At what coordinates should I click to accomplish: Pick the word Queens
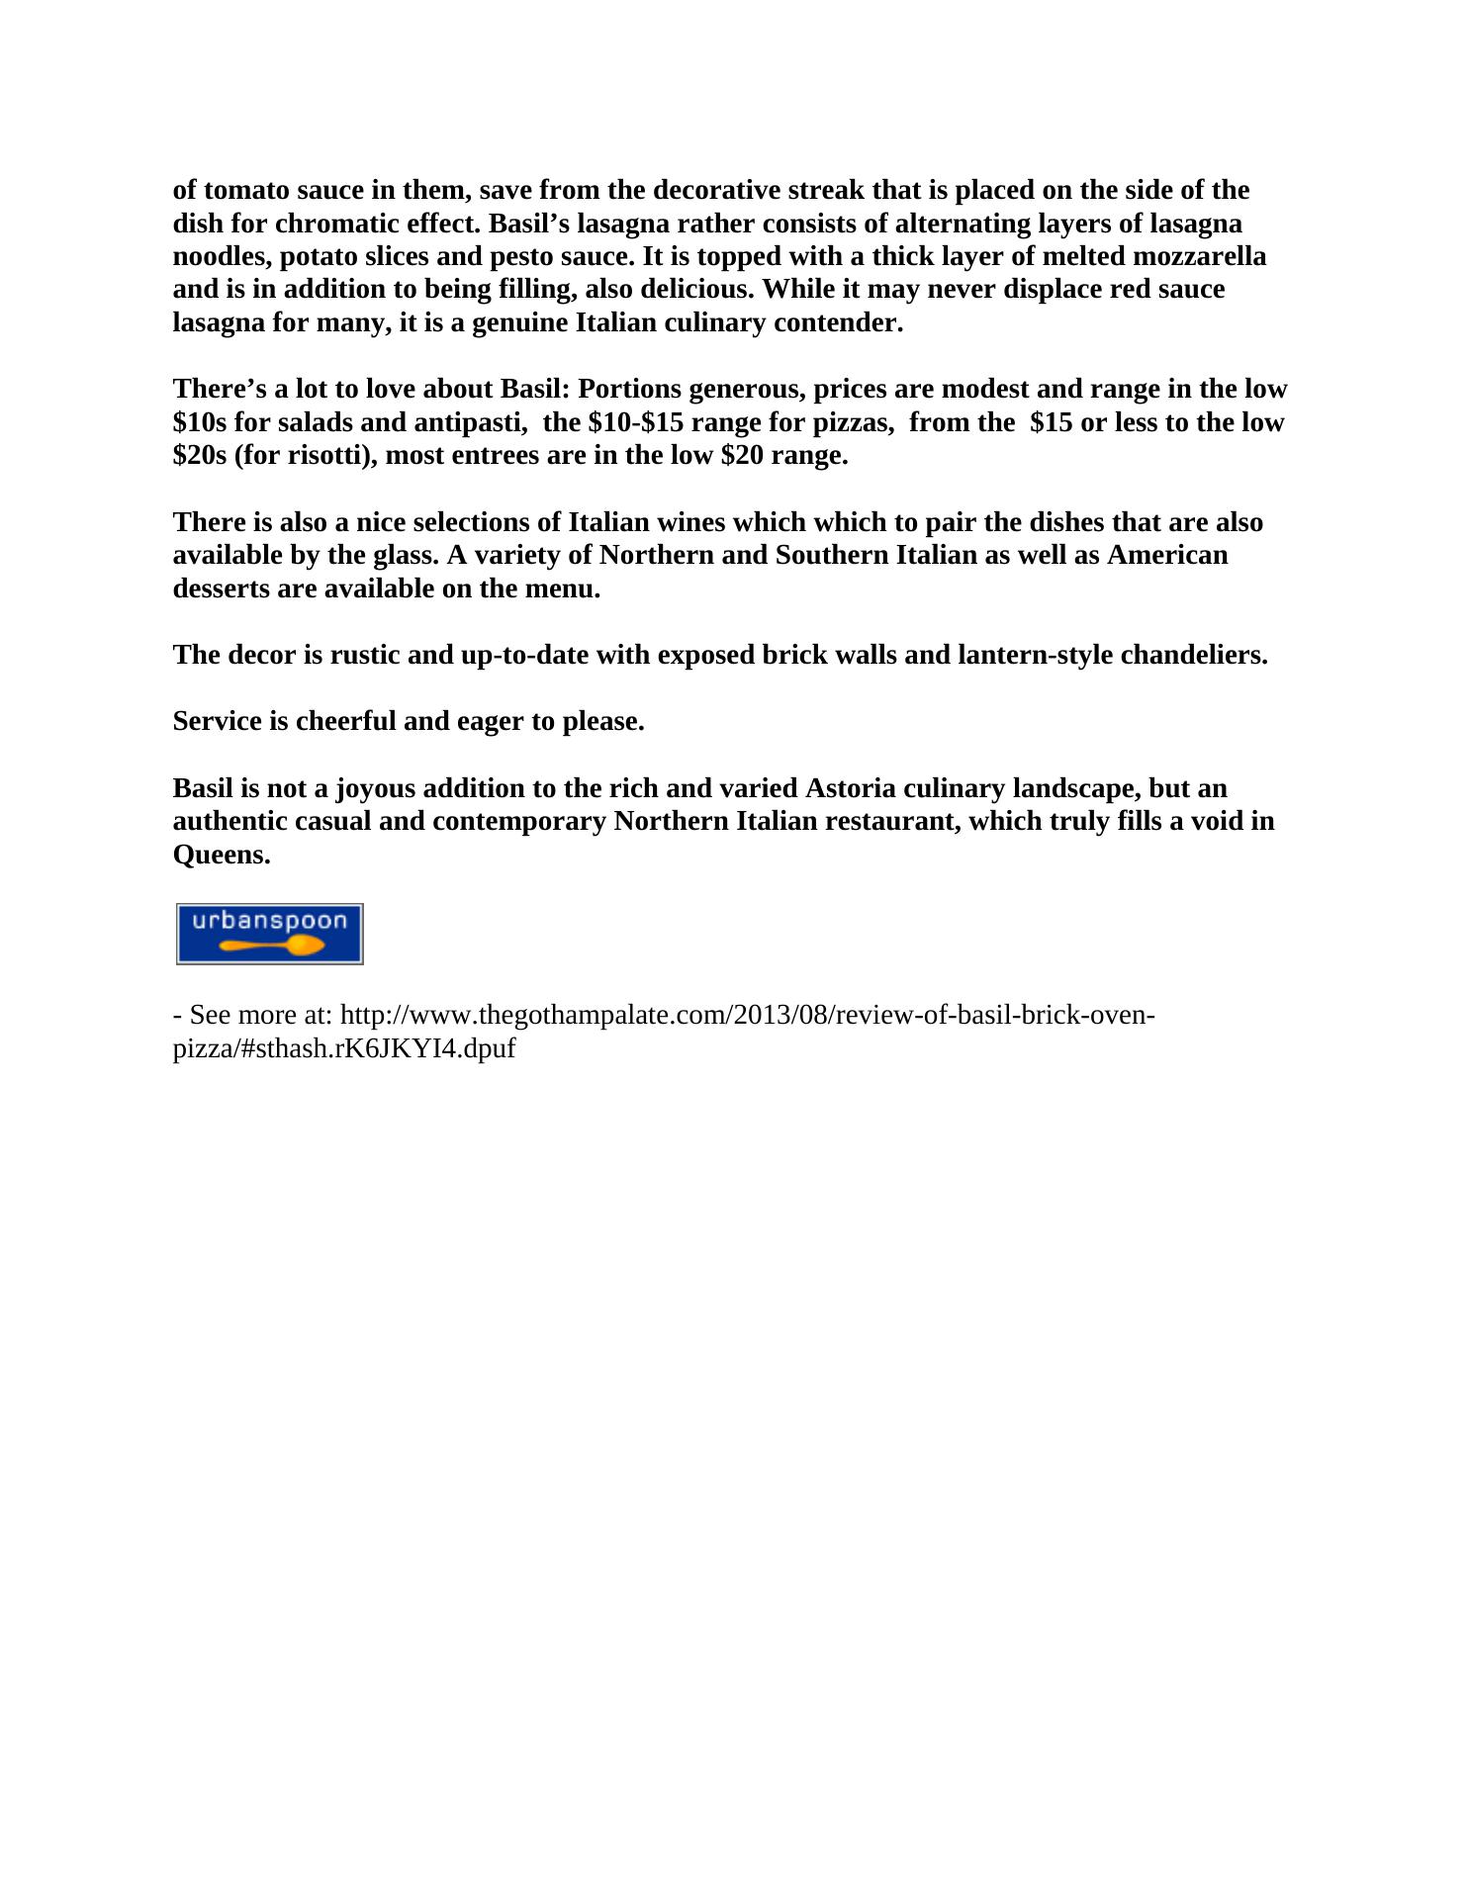221,855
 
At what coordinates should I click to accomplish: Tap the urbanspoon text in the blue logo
269,921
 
